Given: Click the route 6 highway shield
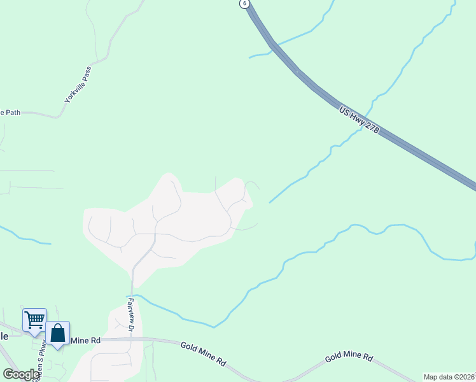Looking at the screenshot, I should [x=244, y=3].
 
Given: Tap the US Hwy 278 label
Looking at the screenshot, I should [x=360, y=120].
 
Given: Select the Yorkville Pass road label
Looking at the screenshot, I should [x=78, y=85].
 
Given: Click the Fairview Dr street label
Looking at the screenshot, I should [x=130, y=315].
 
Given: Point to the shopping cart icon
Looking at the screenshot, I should [x=34, y=320].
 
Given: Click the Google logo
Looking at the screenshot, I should [x=21, y=374].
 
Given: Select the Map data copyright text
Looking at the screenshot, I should [x=449, y=377].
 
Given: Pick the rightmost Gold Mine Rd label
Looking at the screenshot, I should [x=349, y=358].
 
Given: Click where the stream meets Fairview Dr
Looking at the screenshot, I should [x=132, y=295].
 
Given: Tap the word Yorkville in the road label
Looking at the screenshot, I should [x=73, y=91].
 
